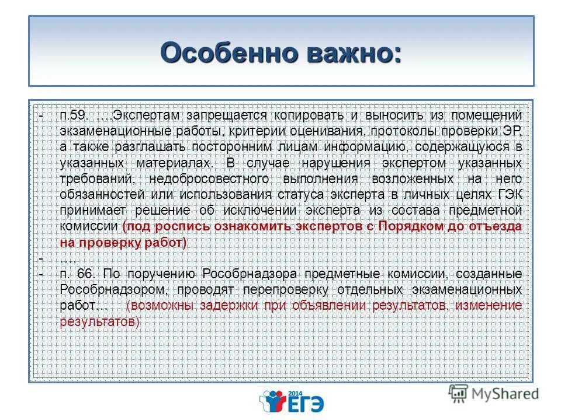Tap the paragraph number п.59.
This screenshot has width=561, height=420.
(x=74, y=114)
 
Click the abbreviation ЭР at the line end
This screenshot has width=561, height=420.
(x=512, y=130)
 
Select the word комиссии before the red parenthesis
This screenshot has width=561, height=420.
(x=89, y=226)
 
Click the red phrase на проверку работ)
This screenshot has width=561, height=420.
(x=123, y=242)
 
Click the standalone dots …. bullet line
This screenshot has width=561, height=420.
(x=68, y=258)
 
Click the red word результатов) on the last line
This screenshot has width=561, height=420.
(x=100, y=321)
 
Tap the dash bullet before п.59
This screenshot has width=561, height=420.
(x=41, y=114)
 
